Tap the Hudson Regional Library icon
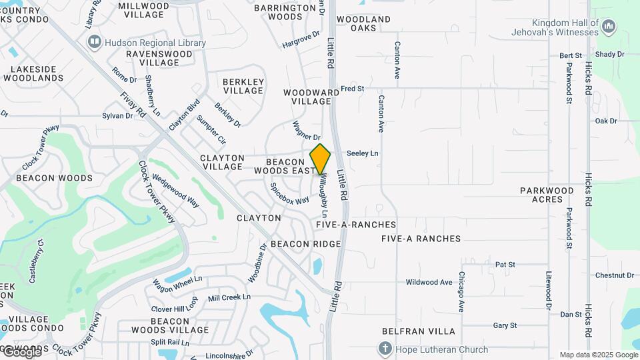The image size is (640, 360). [x=95, y=43]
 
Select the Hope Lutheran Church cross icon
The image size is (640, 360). [x=385, y=349]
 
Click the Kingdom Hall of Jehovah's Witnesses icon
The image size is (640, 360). [x=608, y=27]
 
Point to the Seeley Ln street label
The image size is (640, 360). [x=363, y=153]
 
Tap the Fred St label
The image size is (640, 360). [x=353, y=88]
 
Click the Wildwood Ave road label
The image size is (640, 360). [x=429, y=282]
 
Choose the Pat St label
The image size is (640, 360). [x=505, y=265]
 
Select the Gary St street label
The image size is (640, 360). [x=505, y=325]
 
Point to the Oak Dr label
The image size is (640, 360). [x=606, y=121]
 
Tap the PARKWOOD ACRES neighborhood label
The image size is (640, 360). [x=547, y=196]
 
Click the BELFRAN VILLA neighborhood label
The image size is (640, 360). [x=419, y=331]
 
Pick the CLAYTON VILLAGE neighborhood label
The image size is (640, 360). [x=222, y=163]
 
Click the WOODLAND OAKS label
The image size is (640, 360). [x=363, y=24]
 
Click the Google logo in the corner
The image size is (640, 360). [x=21, y=351]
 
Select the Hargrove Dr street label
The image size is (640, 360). [x=297, y=42]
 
